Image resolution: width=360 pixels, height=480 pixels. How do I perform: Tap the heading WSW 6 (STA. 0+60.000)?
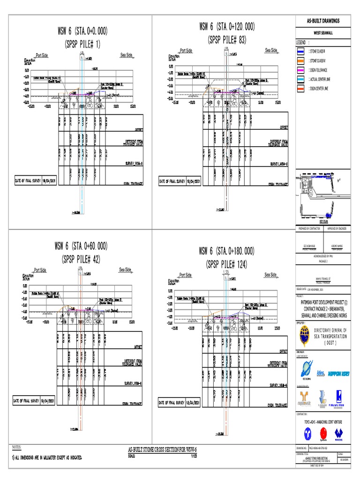coord(81,246)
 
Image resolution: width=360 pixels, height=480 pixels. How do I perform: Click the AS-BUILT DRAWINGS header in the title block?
coord(323,21)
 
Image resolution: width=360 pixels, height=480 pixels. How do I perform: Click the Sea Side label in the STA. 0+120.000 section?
coord(271,50)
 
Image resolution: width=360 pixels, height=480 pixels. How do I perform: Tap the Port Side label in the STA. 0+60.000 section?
coord(40,270)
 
